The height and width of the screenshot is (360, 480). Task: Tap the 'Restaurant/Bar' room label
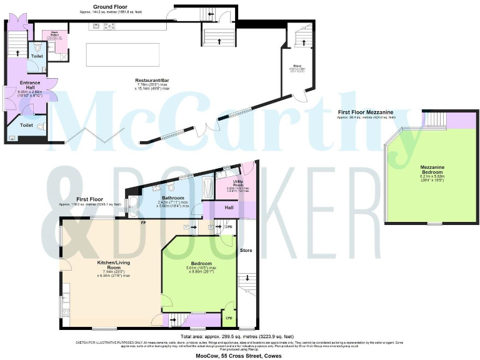point(154,81)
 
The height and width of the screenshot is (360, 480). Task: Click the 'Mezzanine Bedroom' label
point(428,170)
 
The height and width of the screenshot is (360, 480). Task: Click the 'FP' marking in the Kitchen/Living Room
point(143,222)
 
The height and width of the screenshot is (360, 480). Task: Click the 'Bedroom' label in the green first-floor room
point(201,263)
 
